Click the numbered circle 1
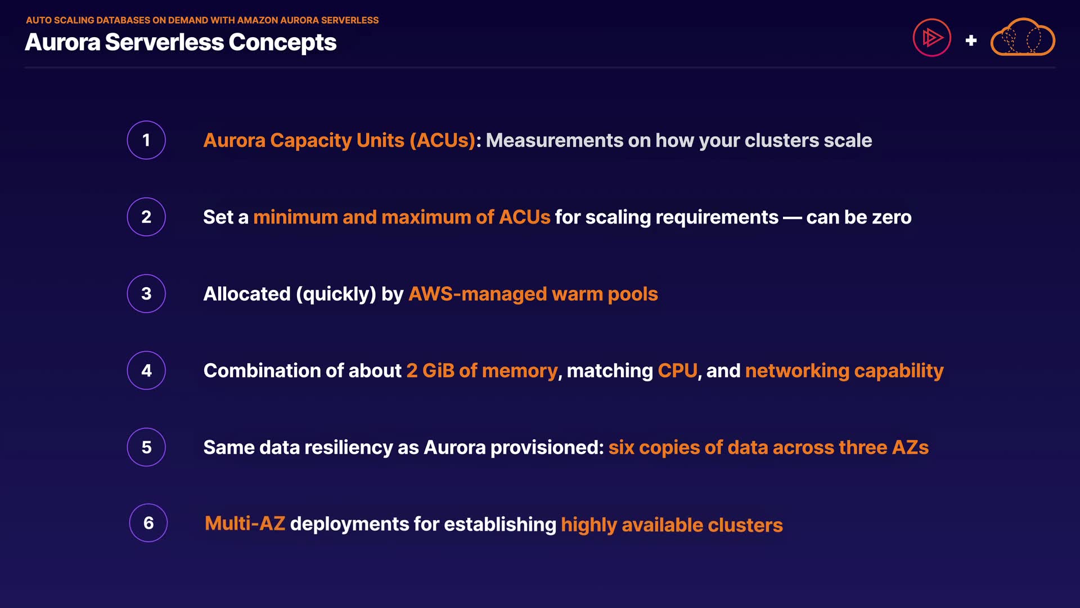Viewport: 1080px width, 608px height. [x=146, y=140]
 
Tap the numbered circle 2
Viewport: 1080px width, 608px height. [x=146, y=217]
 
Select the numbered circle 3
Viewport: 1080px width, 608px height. [x=146, y=293]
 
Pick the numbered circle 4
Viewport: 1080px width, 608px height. [x=146, y=370]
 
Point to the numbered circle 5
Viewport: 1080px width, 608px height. [x=146, y=447]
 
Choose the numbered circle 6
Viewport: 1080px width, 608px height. [x=148, y=523]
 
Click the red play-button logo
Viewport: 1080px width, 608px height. [x=931, y=38]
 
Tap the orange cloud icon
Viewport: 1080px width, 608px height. [x=1023, y=38]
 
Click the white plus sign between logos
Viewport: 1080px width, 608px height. [x=971, y=41]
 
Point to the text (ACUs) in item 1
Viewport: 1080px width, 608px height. [x=443, y=140]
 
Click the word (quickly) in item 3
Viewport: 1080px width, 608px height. [x=336, y=294]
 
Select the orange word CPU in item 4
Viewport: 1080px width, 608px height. [x=677, y=370]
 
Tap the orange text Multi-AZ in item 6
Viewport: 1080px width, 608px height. [x=245, y=524]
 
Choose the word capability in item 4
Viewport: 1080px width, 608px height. [x=898, y=370]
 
